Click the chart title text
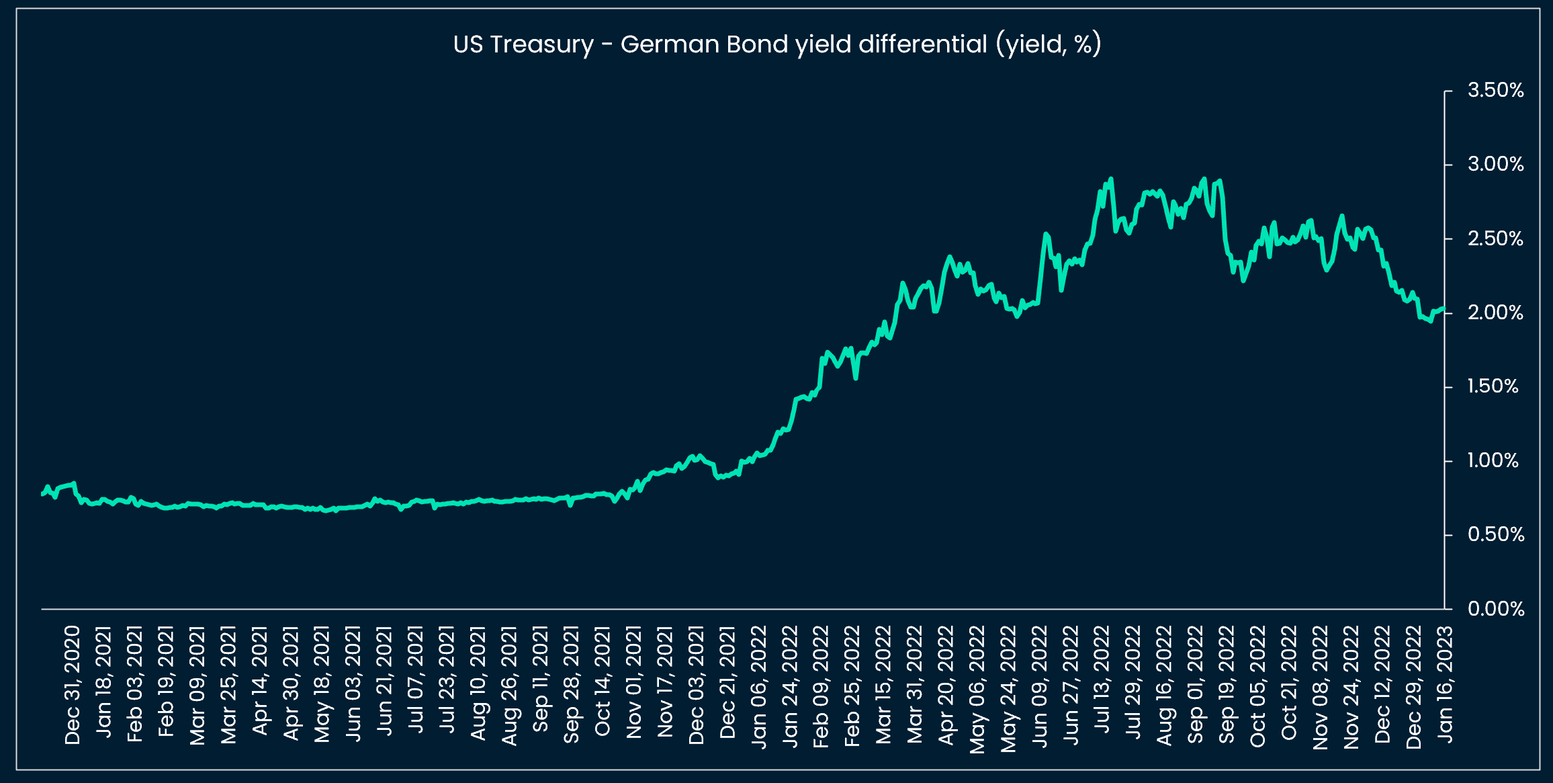pyautogui.click(x=777, y=44)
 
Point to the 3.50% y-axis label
pyautogui.click(x=1495, y=90)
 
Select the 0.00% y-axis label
pyautogui.click(x=1495, y=609)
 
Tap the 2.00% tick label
pyautogui.click(x=1495, y=313)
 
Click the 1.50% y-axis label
pyautogui.click(x=1493, y=386)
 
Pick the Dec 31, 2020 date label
pyautogui.click(x=73, y=685)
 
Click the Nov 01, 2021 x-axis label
pyautogui.click(x=634, y=682)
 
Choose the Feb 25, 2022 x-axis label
pyautogui.click(x=852, y=685)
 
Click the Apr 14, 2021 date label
pyautogui.click(x=260, y=680)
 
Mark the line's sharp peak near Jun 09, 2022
pyautogui.click(x=1046, y=234)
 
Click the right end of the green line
pyautogui.click(x=1444, y=308)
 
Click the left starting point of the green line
pyautogui.click(x=42, y=494)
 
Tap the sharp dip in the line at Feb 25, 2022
pyautogui.click(x=856, y=378)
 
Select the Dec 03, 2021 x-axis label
pyautogui.click(x=697, y=685)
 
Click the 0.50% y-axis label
pyautogui.click(x=1495, y=535)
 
